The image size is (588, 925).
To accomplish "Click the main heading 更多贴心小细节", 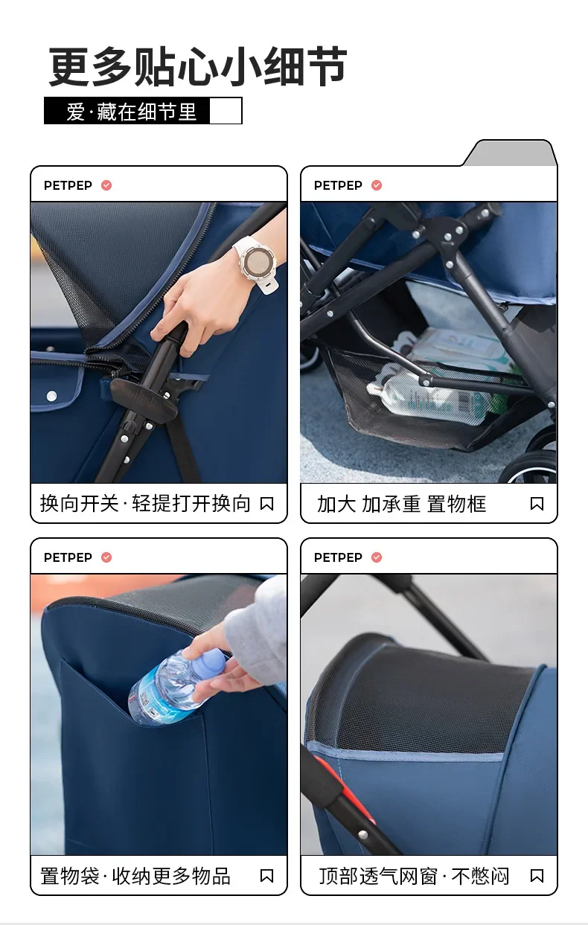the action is coord(198,66).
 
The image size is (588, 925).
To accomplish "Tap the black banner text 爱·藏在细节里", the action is coord(131,112).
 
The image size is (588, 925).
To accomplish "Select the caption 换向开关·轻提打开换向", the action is coord(145,504).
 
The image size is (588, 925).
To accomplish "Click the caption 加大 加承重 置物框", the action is coord(401,504).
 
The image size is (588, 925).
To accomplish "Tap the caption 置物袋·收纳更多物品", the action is coord(135,876).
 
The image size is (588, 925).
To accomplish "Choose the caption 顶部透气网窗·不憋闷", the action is coord(414,876).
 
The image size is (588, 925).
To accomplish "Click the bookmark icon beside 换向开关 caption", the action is coord(266,504).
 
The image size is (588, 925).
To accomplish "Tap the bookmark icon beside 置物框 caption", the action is coord(537,504).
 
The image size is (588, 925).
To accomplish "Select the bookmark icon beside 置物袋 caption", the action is coord(266,876).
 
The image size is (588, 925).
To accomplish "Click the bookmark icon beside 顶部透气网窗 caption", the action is coord(537,876).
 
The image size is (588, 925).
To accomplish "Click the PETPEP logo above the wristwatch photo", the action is coord(68,185).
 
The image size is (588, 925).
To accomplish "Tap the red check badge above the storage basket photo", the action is coord(377,185).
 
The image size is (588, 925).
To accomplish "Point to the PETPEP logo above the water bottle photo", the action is coord(68,557).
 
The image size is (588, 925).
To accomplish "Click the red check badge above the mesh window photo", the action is coord(377,557).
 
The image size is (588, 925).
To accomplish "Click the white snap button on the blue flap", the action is coord(51,396).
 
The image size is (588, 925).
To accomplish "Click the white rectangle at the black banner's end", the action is coord(226,111).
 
